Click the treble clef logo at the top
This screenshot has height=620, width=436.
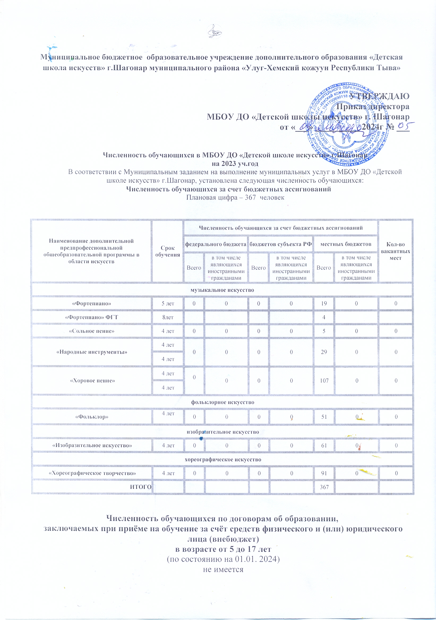tap(215, 32)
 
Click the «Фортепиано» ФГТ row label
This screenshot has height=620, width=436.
tap(92, 317)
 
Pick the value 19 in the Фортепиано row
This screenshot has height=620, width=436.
tap(324, 303)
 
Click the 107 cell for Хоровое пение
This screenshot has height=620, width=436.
tap(324, 381)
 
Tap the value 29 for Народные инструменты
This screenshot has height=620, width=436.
tap(324, 352)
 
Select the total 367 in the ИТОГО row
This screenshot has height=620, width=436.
tap(324, 487)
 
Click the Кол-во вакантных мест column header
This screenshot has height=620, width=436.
tap(395, 251)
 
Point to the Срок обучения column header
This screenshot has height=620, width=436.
tap(167, 251)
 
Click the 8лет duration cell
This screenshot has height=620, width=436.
tap(168, 317)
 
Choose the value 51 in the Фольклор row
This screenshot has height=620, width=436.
tap(324, 417)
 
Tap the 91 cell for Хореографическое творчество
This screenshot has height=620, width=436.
tap(324, 473)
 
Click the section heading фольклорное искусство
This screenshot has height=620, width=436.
tap(223, 402)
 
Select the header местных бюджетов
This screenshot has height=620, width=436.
tap(345, 244)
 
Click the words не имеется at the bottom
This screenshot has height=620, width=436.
tap(223, 570)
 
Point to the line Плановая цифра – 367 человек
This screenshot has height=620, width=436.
tap(235, 197)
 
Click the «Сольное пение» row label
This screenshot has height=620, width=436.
tap(92, 331)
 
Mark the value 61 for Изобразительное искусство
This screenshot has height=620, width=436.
tap(324, 445)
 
